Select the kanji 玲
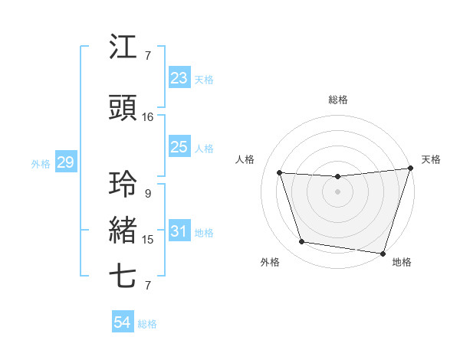pyautogui.click(x=123, y=185)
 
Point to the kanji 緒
pyautogui.click(x=123, y=231)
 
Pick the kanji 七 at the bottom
pyautogui.click(x=123, y=277)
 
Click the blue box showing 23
pyautogui.click(x=179, y=78)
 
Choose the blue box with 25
pyautogui.click(x=179, y=148)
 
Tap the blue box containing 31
pyautogui.click(x=179, y=231)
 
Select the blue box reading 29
pyautogui.click(x=65, y=162)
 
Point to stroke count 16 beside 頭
pyautogui.click(x=148, y=117)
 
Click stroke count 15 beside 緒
pyautogui.click(x=148, y=240)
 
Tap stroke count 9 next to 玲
pyautogui.click(x=148, y=194)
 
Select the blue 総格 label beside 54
pyautogui.click(x=147, y=324)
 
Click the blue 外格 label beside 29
pyautogui.click(x=41, y=163)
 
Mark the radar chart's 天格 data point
pyautogui.click(x=411, y=169)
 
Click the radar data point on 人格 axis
pyautogui.click(x=279, y=173)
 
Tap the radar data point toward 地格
pyautogui.click(x=382, y=253)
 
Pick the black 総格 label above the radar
pyautogui.click(x=337, y=100)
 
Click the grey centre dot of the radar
pyautogui.click(x=337, y=192)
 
